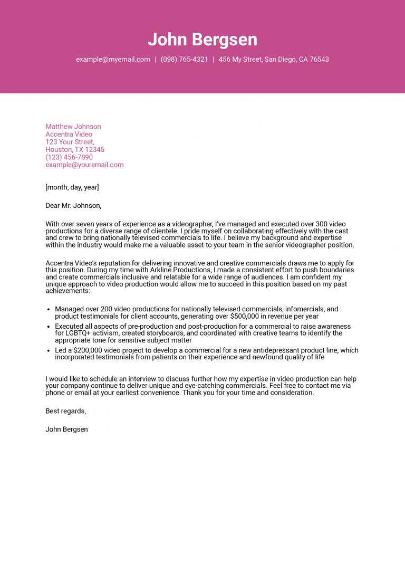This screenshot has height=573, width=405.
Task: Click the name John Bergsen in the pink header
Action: point(202,40)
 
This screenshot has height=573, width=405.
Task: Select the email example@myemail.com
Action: point(113,60)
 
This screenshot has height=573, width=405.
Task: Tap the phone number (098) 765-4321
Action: point(184,60)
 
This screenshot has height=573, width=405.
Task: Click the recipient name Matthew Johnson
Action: point(73,127)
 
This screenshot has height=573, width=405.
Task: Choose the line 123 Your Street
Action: point(70,142)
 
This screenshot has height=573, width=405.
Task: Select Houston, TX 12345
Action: point(75,150)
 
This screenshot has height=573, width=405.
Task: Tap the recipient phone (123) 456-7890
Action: point(69,157)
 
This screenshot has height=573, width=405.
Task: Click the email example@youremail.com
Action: point(84,165)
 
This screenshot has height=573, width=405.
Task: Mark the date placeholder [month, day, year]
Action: point(72,187)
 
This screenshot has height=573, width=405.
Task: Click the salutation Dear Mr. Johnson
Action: point(73,206)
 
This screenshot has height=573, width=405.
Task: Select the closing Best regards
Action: point(65,411)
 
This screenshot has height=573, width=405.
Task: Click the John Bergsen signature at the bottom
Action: point(66,429)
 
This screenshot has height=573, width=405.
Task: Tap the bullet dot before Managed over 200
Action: point(49,310)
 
